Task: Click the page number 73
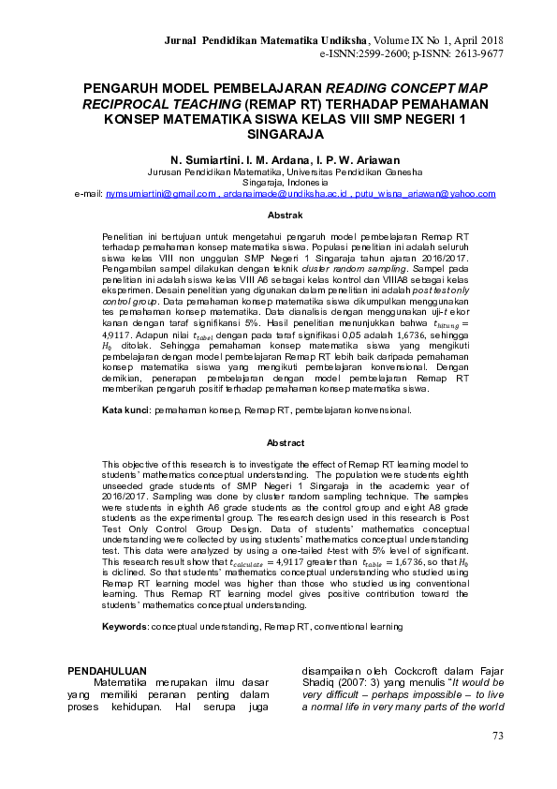pyautogui.click(x=497, y=737)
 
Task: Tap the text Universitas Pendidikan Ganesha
pyautogui.click(x=344, y=173)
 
